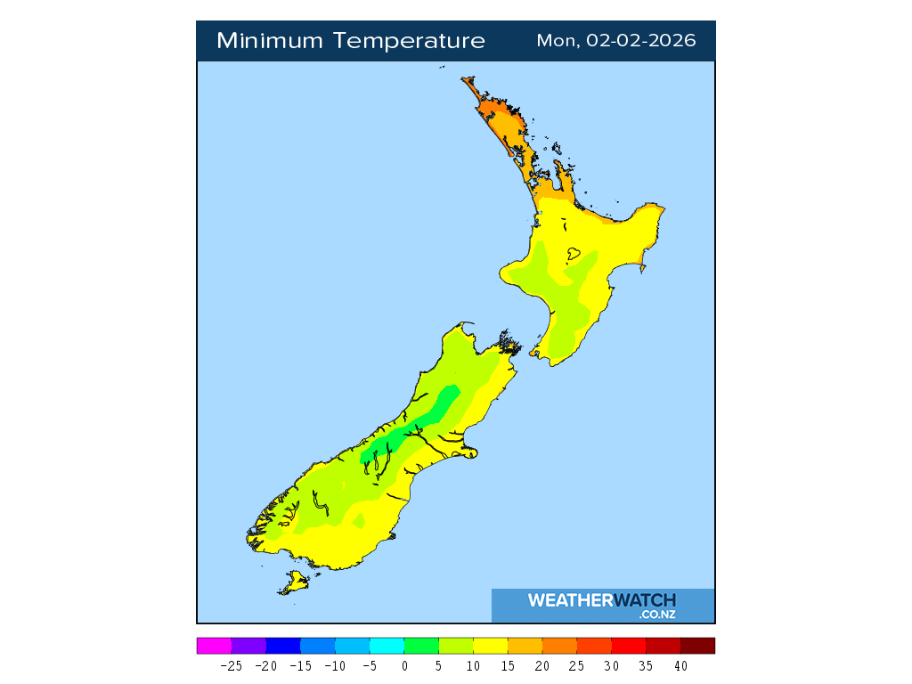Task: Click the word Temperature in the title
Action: pyautogui.click(x=411, y=41)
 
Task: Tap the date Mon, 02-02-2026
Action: pyautogui.click(x=616, y=41)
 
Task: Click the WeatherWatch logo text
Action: pyautogui.click(x=602, y=600)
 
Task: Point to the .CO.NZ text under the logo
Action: pyautogui.click(x=657, y=615)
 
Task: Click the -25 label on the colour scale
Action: pyautogui.click(x=231, y=665)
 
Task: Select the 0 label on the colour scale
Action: pyautogui.click(x=404, y=665)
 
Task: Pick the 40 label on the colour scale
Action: pyautogui.click(x=680, y=665)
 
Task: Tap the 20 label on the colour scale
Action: pyautogui.click(x=542, y=665)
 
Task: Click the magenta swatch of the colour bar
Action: pyautogui.click(x=214, y=646)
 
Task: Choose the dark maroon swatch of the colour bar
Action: pyautogui.click(x=697, y=646)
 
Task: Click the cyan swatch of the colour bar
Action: pyautogui.click(x=387, y=646)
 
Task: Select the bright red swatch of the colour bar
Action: pyautogui.click(x=628, y=646)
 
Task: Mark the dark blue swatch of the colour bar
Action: pyautogui.click(x=283, y=646)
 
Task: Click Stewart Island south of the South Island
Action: pyautogui.click(x=293, y=584)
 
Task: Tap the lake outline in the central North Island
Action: pyautogui.click(x=574, y=255)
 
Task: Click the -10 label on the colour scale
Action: pyautogui.click(x=335, y=665)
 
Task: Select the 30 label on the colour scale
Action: pyautogui.click(x=611, y=665)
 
